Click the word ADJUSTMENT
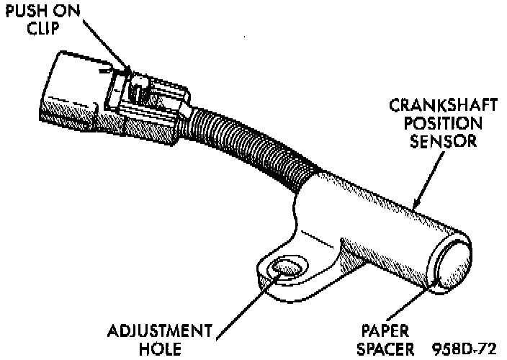(x=160, y=332)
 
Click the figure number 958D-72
(x=466, y=349)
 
